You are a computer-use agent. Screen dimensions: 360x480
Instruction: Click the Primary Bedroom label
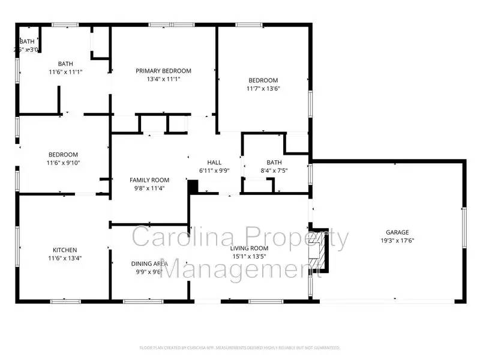(x=163, y=71)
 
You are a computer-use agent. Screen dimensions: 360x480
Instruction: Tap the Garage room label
(x=397, y=232)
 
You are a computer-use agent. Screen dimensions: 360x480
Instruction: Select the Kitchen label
(x=65, y=250)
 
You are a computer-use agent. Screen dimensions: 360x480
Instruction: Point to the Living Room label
(x=250, y=248)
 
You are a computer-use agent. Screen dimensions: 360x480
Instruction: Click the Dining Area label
(x=149, y=263)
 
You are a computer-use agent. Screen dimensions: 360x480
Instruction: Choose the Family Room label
(x=149, y=180)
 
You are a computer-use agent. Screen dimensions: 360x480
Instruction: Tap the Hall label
(x=214, y=163)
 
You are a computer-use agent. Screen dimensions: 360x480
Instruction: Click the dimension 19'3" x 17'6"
(x=397, y=241)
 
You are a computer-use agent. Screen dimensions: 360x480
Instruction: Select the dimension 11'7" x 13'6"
(x=263, y=89)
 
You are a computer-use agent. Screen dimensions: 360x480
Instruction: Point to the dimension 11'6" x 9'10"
(x=64, y=163)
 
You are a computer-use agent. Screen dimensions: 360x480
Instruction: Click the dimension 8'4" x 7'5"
(x=274, y=171)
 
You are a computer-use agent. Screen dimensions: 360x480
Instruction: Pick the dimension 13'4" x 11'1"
(x=163, y=79)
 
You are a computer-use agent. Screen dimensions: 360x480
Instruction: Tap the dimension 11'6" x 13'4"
(x=65, y=259)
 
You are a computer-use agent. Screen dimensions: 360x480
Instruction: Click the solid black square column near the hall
(x=193, y=187)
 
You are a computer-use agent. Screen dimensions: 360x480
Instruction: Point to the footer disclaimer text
(x=240, y=347)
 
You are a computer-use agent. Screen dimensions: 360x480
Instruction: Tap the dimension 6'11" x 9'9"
(x=214, y=171)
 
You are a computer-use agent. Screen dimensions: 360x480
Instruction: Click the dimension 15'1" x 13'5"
(x=250, y=257)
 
